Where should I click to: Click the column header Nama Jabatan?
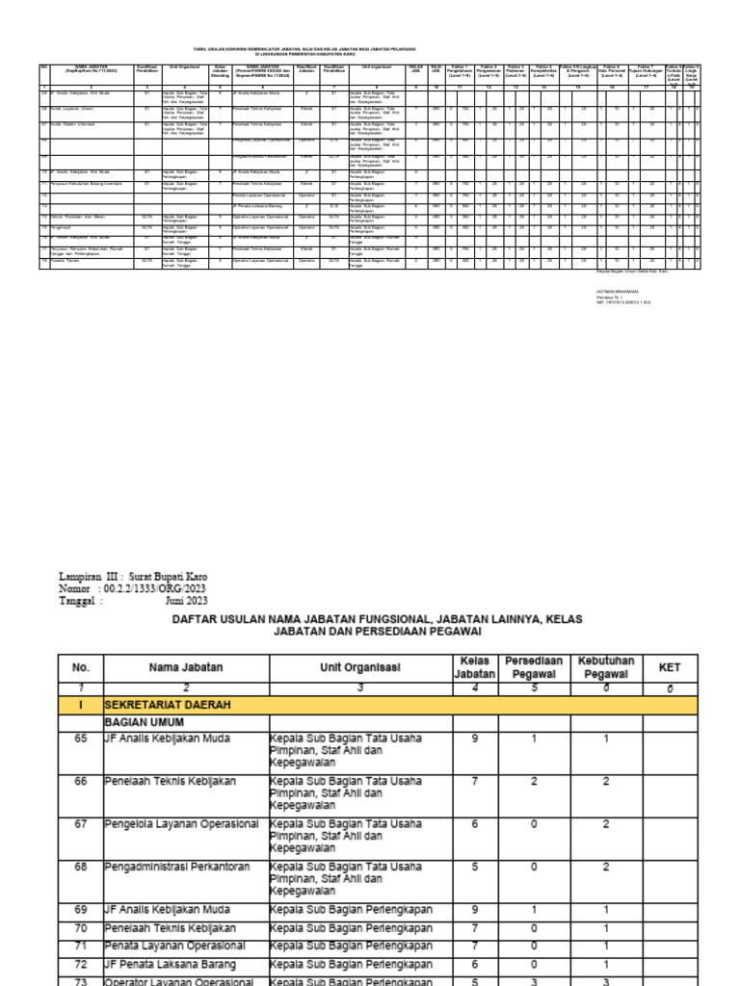pos(186,667)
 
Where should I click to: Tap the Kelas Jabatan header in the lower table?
pos(476,667)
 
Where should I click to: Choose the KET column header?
pos(669,667)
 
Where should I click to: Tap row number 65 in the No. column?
pos(80,739)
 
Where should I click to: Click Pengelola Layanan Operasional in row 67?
pos(181,824)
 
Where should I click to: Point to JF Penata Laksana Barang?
pos(170,963)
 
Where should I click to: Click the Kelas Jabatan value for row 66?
pos(476,782)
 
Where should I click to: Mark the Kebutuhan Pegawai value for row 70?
pos(604,928)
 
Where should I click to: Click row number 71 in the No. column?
pos(80,946)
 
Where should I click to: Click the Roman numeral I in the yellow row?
pos(80,706)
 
